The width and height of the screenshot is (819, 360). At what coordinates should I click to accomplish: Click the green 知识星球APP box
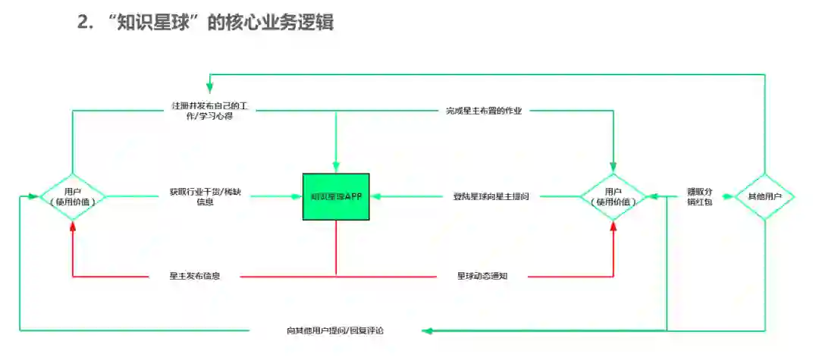tap(336, 197)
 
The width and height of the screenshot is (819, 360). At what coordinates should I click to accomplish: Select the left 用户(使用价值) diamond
tap(72, 197)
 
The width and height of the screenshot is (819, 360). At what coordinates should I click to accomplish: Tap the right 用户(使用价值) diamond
tap(613, 197)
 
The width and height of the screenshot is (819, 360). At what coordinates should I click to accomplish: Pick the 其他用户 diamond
tap(764, 197)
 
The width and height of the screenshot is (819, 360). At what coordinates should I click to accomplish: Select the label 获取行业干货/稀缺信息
tap(201, 197)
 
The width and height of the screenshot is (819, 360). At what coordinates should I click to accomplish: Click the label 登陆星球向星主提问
tap(487, 197)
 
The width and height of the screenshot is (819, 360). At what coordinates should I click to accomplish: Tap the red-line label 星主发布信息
tap(195, 277)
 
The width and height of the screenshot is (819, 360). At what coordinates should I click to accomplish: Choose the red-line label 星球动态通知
tap(482, 277)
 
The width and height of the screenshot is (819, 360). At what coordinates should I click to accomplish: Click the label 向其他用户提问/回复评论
tap(335, 330)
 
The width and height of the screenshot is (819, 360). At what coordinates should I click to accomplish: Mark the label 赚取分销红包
tap(699, 197)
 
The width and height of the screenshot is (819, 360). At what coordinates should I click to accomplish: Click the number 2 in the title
tap(83, 22)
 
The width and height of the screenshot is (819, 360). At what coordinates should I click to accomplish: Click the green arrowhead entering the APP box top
tap(336, 168)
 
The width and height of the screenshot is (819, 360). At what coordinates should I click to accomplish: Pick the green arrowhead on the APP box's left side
tap(298, 197)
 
